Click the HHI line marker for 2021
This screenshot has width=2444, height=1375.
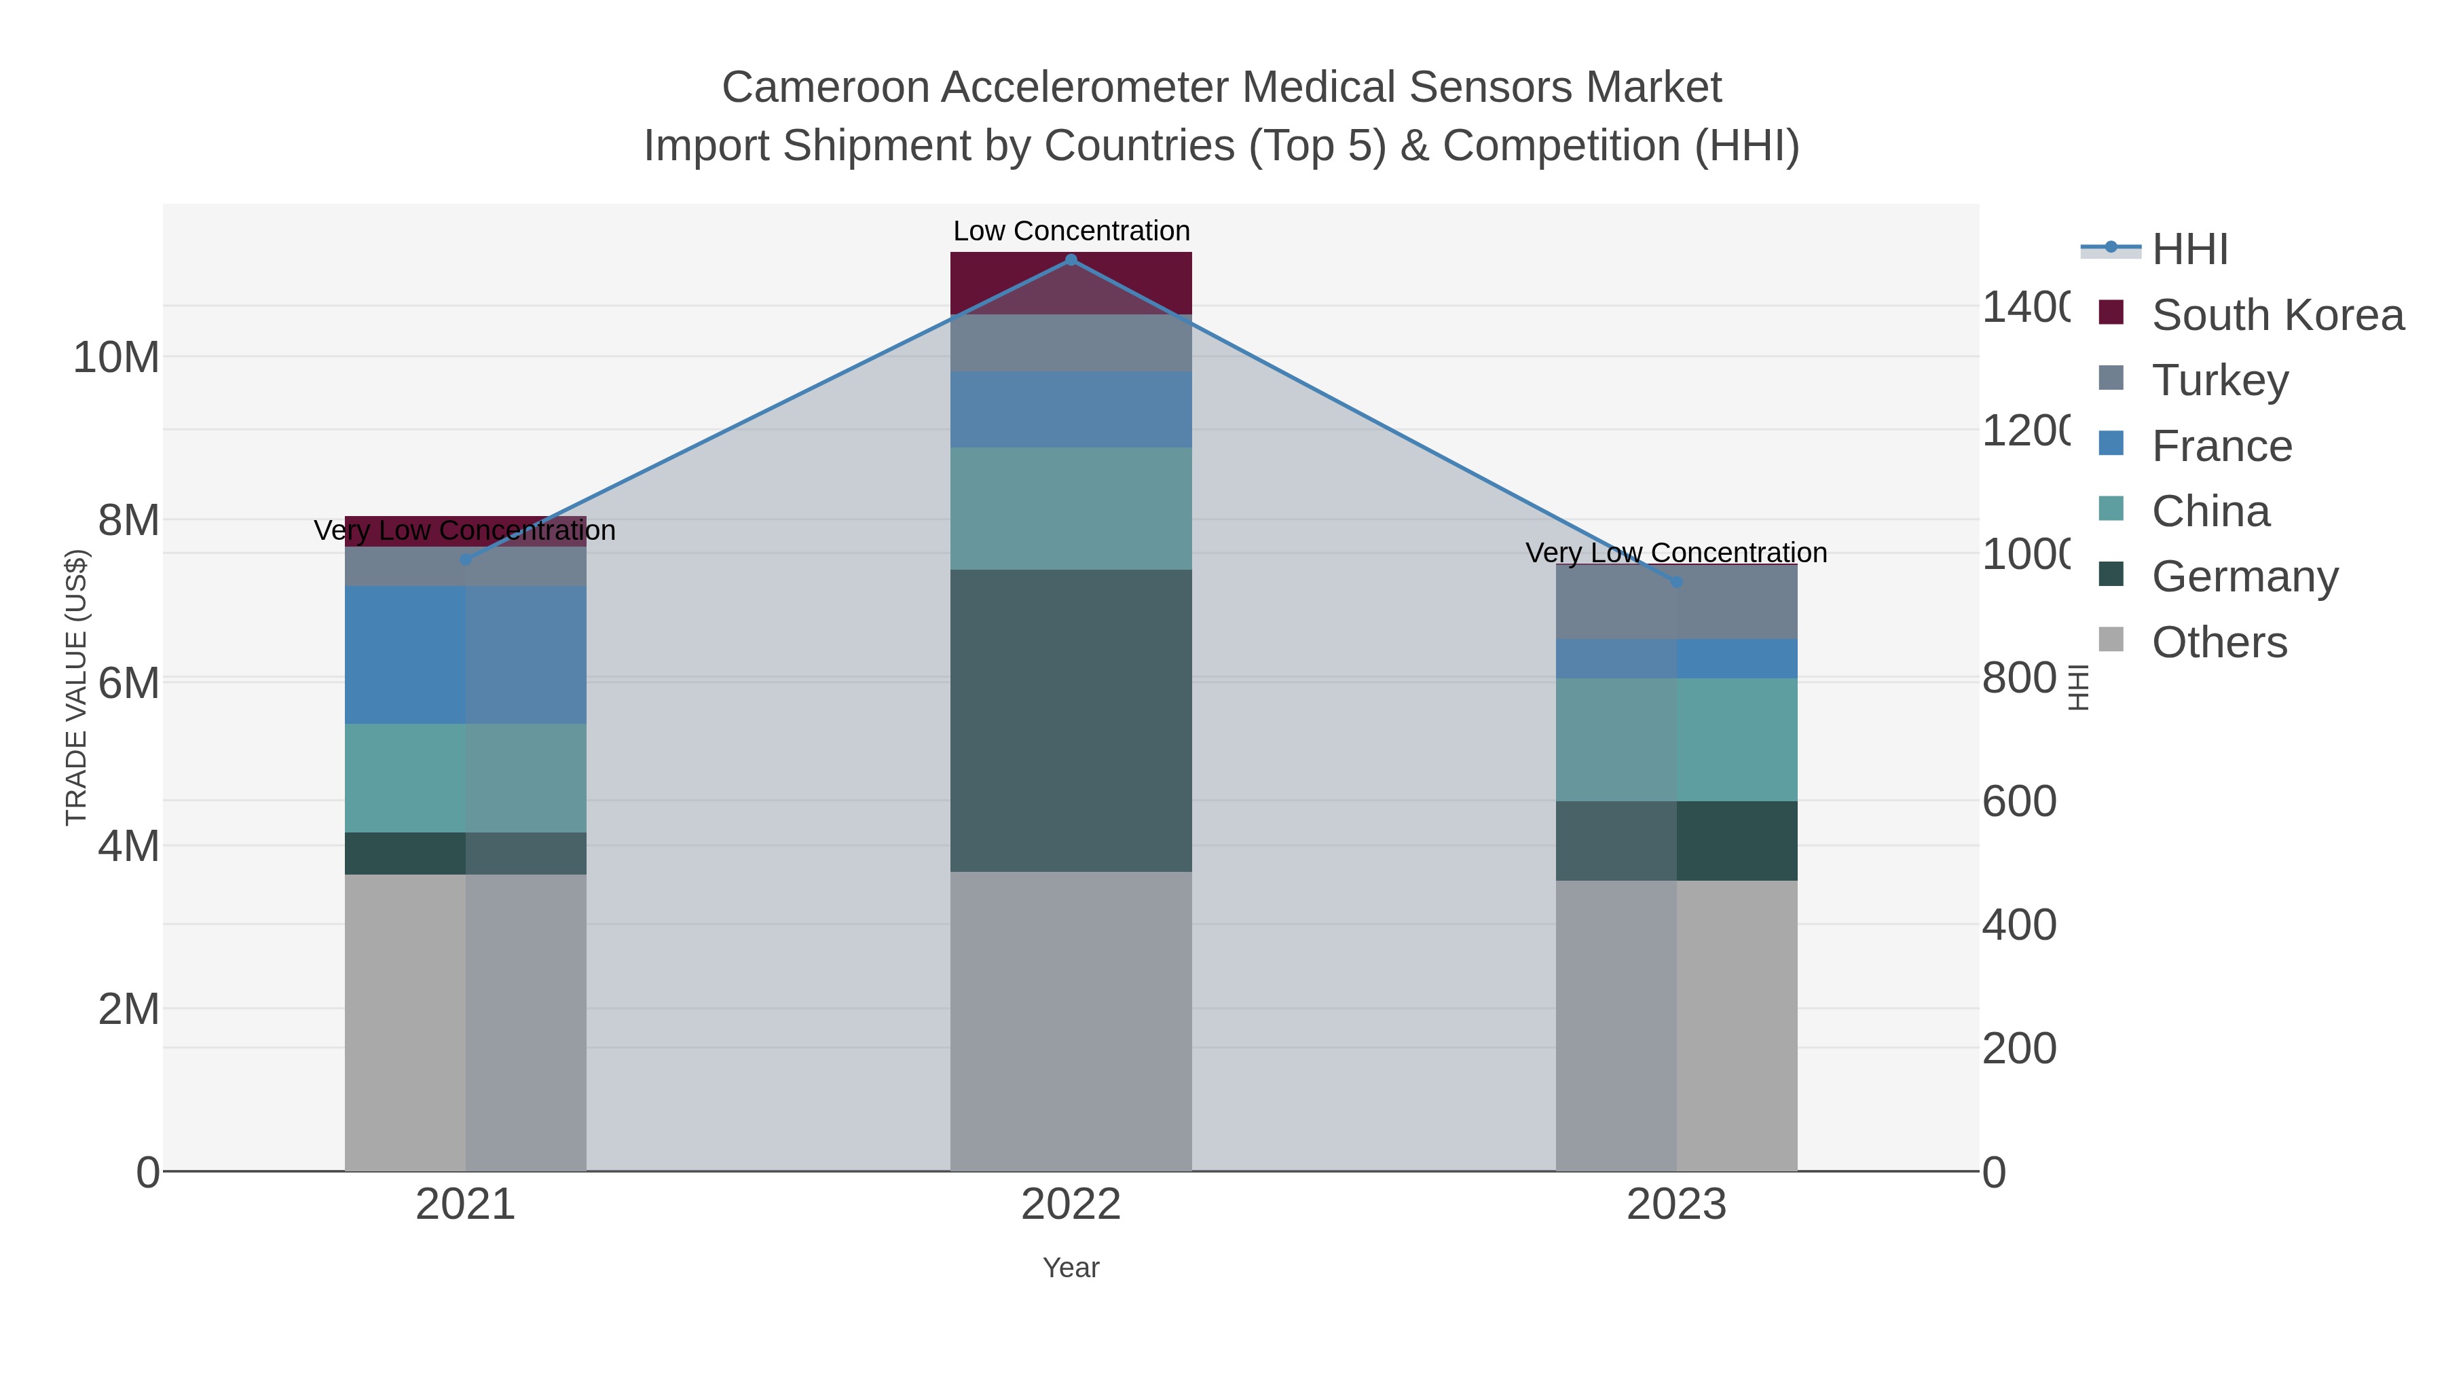[x=465, y=560]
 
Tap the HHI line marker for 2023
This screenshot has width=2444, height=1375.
[x=1676, y=582]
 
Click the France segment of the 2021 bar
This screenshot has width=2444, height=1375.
[x=465, y=655]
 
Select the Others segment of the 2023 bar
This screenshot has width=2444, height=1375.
[x=1676, y=1025]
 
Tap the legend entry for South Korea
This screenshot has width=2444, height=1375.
[x=2277, y=315]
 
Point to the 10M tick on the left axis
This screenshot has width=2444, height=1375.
[x=115, y=358]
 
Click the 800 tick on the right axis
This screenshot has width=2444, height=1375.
[x=2019, y=678]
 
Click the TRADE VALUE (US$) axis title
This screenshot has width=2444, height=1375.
[x=76, y=687]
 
